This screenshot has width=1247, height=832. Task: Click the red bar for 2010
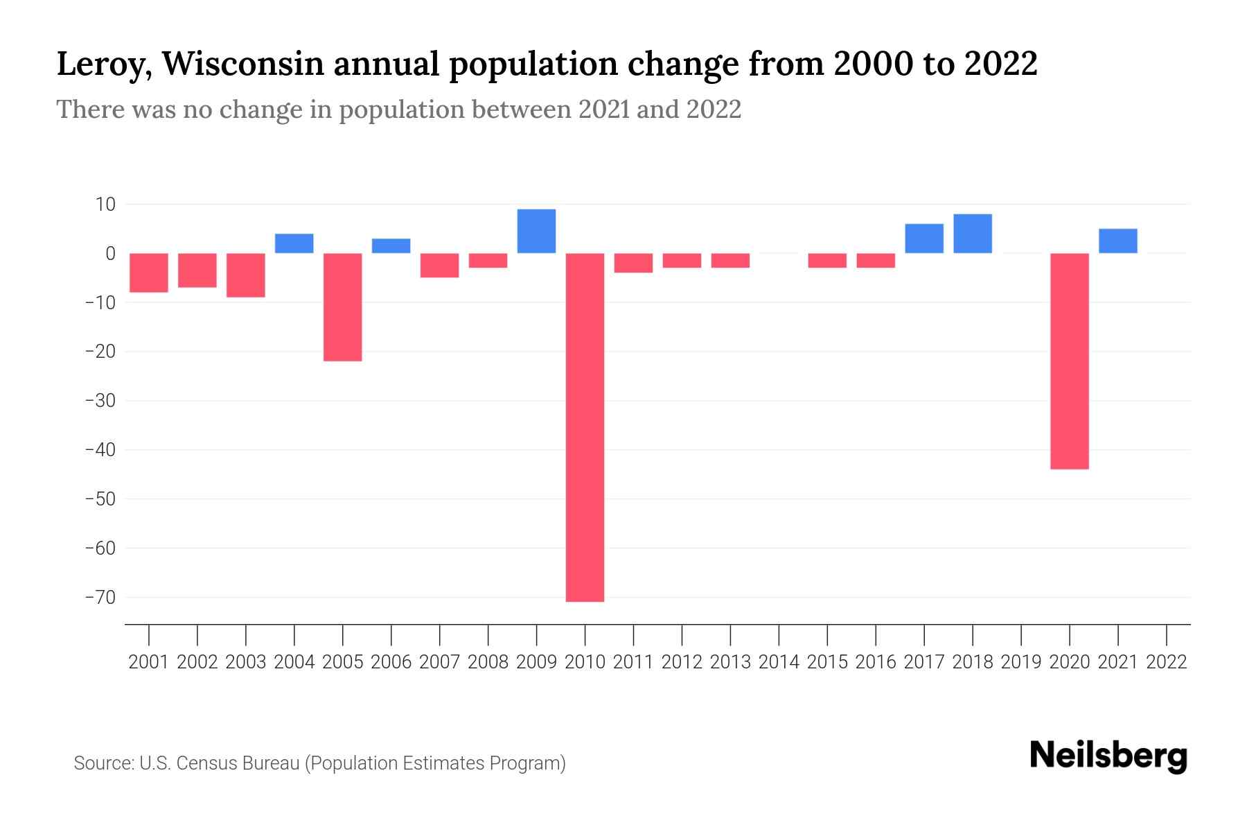[x=585, y=427]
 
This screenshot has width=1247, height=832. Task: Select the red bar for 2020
[x=1069, y=361]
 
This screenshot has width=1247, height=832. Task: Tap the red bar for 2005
[x=342, y=307]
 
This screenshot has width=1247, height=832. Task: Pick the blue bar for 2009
[x=536, y=231]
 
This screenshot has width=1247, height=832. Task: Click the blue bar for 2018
[x=972, y=234]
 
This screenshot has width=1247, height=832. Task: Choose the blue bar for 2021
[x=1117, y=241]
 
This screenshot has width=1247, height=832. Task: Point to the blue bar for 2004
[x=294, y=243]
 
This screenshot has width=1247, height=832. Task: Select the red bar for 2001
[x=149, y=272]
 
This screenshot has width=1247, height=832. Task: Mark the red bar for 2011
[x=633, y=263]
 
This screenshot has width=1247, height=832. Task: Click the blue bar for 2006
[x=391, y=245]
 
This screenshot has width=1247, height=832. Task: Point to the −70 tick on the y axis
[x=100, y=597]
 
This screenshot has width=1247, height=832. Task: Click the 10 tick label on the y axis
[x=105, y=205]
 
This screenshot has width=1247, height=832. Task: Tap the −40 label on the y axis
[x=100, y=450]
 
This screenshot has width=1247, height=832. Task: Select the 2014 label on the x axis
[x=779, y=662]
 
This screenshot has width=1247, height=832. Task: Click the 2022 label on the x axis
[x=1167, y=662]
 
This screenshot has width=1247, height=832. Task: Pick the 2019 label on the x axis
[x=1021, y=662]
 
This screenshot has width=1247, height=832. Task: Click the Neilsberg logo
[x=1108, y=756]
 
